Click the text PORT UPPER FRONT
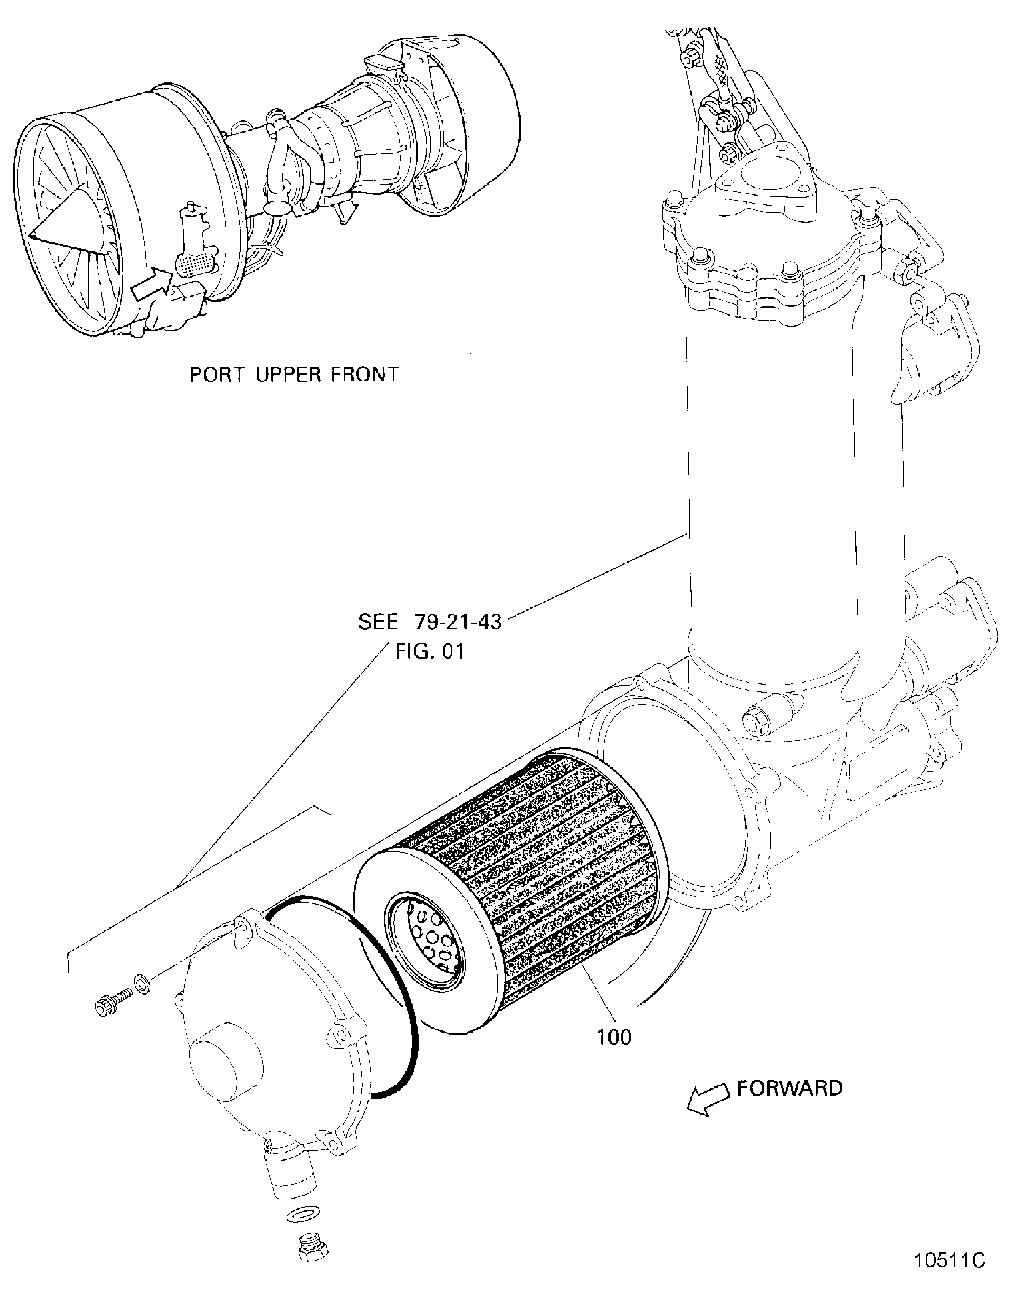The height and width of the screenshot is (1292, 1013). point(294,375)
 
